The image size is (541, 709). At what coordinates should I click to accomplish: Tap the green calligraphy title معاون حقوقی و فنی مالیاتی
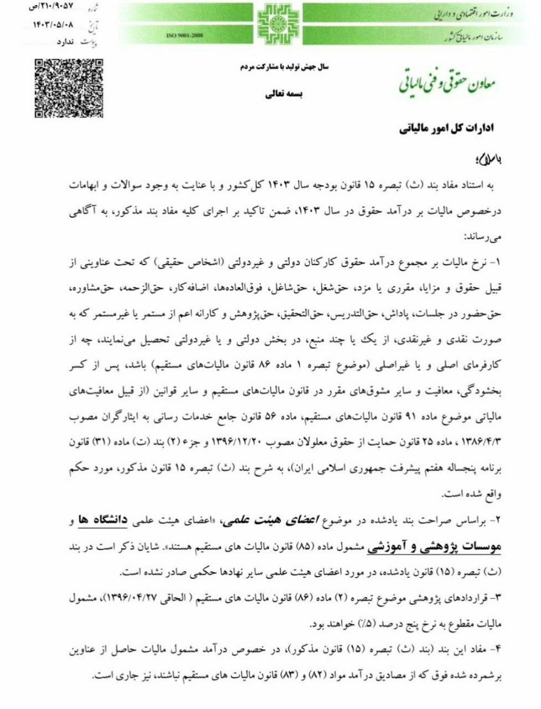(x=447, y=83)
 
